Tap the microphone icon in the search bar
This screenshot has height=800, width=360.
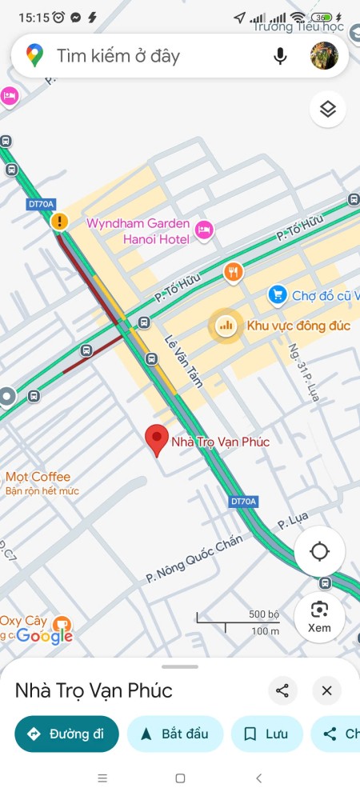coord(280,56)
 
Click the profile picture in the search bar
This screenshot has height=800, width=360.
coord(324,56)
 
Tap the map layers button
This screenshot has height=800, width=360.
coord(327,110)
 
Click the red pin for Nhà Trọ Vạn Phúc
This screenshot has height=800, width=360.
coord(157,440)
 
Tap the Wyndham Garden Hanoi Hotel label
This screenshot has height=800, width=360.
coord(138,230)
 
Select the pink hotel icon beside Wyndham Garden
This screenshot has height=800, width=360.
coord(204,230)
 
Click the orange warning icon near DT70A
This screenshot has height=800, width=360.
coord(59,221)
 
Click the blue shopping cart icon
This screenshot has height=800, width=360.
coord(277,295)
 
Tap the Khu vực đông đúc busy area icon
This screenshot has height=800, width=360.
coord(226,325)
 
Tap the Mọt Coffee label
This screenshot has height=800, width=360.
coord(38,477)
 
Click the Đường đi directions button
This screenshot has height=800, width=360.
coord(66,734)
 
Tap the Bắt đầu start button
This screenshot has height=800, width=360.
coord(174,734)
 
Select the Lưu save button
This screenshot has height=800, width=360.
coord(266,734)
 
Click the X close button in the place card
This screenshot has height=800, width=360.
coord(326,690)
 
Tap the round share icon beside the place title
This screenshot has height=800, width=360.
coord(282,690)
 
